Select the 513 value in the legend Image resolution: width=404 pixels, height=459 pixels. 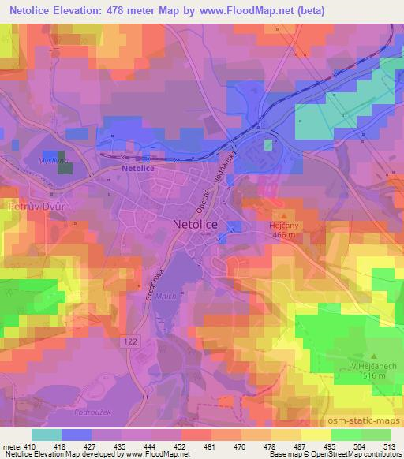385,446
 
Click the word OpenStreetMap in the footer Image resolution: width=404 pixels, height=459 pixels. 339,454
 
